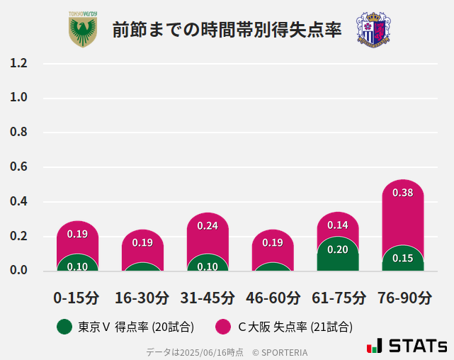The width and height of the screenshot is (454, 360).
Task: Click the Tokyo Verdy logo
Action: [83, 29]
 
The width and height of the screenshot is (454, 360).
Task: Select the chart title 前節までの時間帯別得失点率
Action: [227, 30]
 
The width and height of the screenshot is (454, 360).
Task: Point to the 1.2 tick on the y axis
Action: [18, 63]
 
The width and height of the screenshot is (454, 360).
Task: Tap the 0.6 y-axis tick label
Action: [18, 167]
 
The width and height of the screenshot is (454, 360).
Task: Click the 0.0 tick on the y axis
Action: [18, 270]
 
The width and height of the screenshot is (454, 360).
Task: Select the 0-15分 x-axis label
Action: [76, 298]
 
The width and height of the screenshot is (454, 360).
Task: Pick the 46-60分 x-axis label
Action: [273, 298]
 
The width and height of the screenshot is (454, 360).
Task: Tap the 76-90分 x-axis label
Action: [403, 298]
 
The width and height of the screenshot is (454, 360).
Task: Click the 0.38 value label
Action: [403, 193]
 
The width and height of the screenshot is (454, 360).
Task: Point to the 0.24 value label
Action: [208, 226]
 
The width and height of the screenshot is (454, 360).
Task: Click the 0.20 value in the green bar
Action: [338, 249]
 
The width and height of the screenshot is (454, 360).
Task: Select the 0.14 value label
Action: [338, 225]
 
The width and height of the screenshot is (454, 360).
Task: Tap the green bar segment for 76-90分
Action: [403, 259]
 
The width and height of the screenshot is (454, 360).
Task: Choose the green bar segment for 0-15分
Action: [77, 263]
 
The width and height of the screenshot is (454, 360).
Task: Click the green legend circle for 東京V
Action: [64, 327]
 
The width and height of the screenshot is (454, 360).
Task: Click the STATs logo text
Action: [418, 347]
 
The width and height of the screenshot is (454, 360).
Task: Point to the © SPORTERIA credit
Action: [280, 351]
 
